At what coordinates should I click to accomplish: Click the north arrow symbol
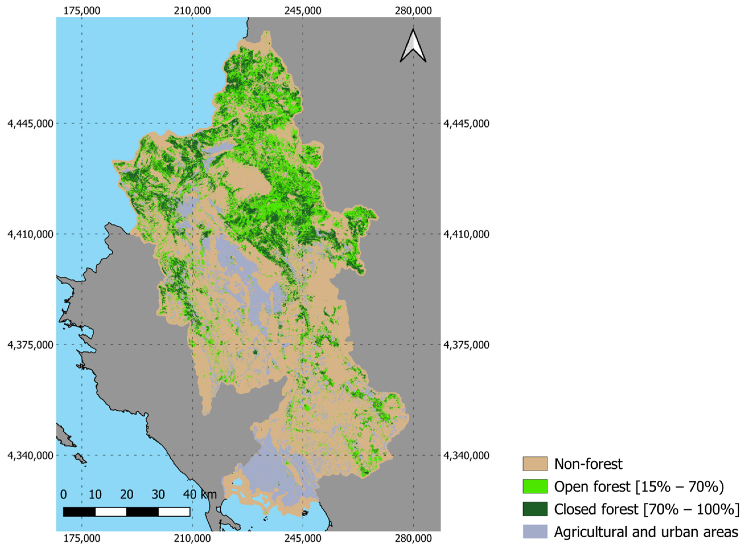click(413, 46)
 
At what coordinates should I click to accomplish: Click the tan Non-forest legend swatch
click(535, 464)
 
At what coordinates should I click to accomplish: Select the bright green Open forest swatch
click(535, 486)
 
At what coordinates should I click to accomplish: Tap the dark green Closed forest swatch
click(535, 509)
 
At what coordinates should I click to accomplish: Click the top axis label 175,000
click(82, 11)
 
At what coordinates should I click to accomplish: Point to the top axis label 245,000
click(302, 11)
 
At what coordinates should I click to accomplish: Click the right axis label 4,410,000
click(466, 234)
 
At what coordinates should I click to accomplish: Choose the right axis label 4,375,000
click(466, 345)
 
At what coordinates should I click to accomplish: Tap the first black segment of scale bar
click(79, 512)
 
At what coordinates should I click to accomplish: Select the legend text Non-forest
click(588, 464)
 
